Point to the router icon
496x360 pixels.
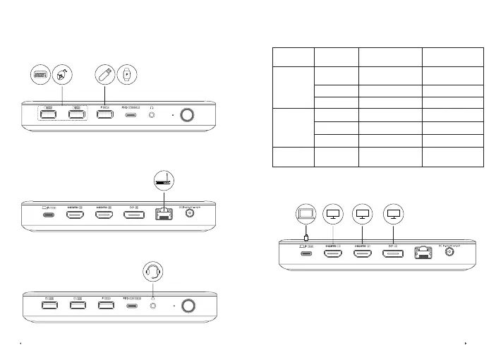[x=162, y=181]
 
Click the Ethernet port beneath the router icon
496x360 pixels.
[x=162, y=213]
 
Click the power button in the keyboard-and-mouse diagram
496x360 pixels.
[x=188, y=114]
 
